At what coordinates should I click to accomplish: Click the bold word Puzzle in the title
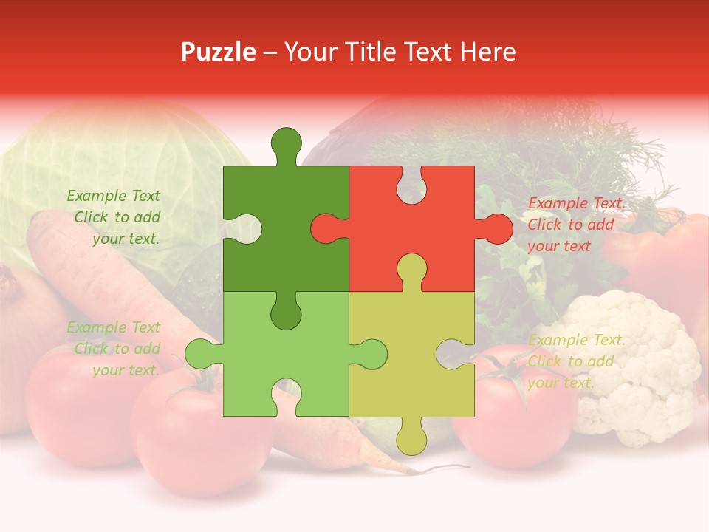(x=219, y=52)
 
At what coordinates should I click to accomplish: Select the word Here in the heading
(x=487, y=52)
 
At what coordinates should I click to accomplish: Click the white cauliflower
(x=635, y=369)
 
